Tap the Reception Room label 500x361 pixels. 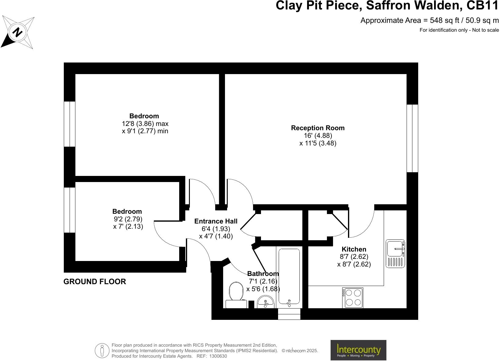coord(317,128)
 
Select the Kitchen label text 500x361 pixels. coord(354,249)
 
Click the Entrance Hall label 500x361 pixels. coord(216,221)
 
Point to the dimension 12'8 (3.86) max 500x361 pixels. coord(145,124)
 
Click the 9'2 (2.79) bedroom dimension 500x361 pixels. coord(128,219)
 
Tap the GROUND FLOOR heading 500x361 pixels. coord(95,281)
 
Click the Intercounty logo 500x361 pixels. coord(358,350)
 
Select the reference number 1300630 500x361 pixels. coord(218,356)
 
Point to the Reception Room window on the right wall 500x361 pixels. coord(412,138)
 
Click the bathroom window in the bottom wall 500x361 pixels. coord(289,314)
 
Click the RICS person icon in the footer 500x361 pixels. coord(102,350)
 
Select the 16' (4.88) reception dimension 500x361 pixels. coord(317,135)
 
